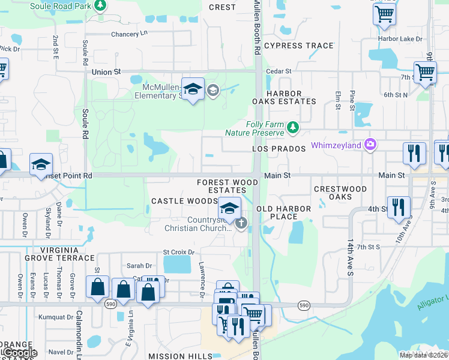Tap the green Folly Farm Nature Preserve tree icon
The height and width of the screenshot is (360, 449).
(292, 127)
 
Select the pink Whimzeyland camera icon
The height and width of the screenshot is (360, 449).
(370, 144)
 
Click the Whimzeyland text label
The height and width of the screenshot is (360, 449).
(336, 146)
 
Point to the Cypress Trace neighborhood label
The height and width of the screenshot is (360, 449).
(298, 46)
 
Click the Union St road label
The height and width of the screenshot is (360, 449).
(106, 71)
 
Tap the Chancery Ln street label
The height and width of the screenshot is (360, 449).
(129, 34)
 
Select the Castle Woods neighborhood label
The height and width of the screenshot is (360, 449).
(184, 200)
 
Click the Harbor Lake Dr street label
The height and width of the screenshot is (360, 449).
(400, 39)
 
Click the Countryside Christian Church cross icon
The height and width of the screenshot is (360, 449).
(241, 224)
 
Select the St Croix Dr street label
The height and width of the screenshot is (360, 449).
(179, 253)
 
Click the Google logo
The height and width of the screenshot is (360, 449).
(19, 353)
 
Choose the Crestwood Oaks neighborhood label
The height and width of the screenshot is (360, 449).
(340, 193)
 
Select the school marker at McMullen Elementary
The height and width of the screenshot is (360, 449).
(193, 89)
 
